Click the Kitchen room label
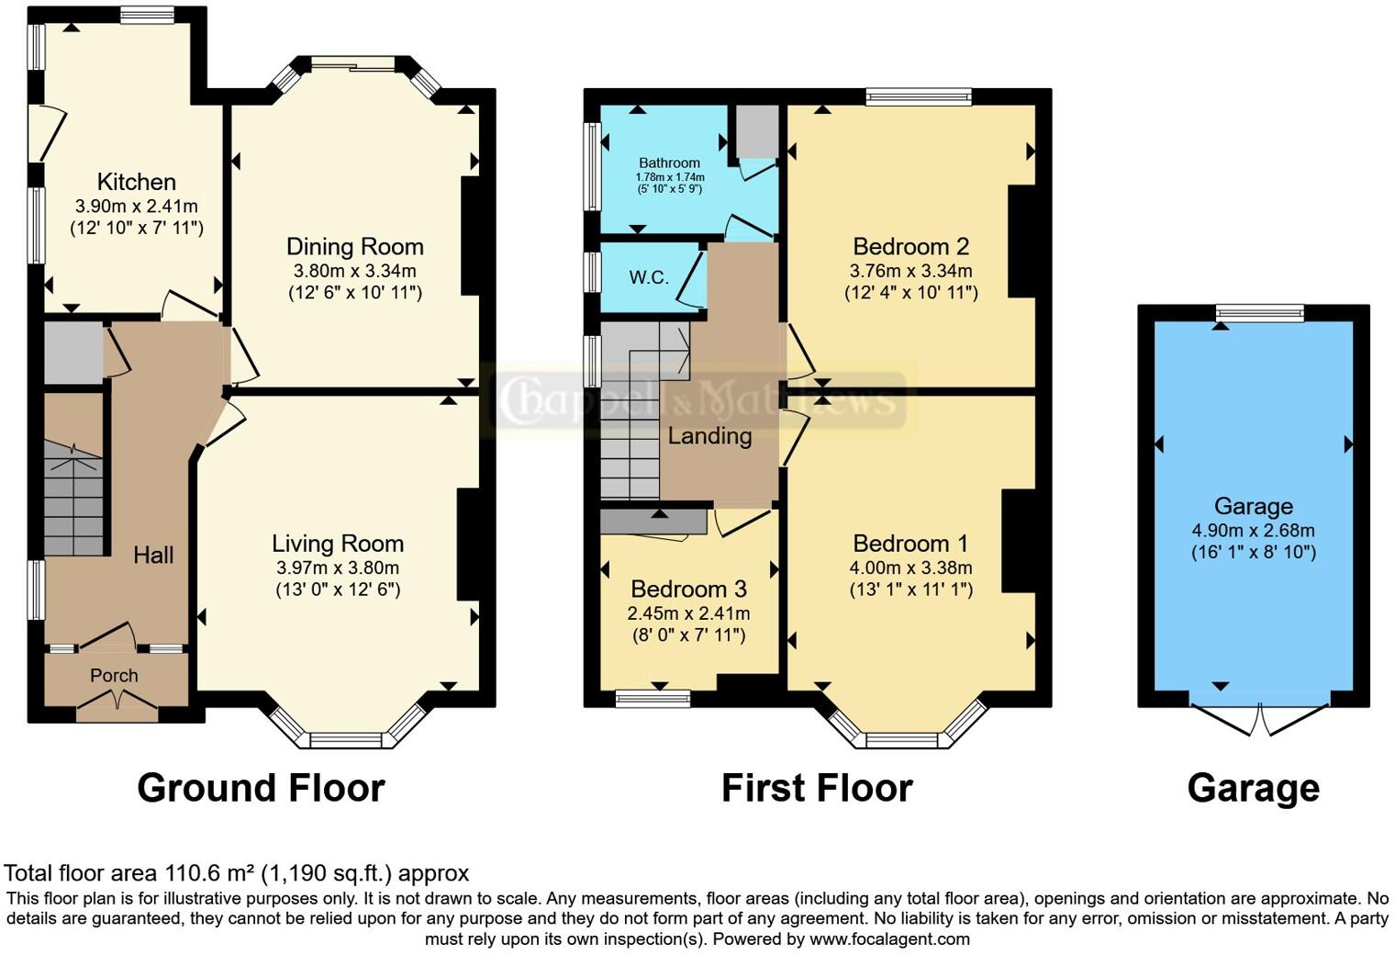(x=137, y=182)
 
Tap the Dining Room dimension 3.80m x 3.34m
(x=355, y=271)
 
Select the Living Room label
(x=338, y=544)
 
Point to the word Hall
(x=153, y=555)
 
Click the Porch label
(x=114, y=675)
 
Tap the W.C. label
(x=649, y=277)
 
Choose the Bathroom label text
(x=669, y=163)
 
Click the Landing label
(x=710, y=436)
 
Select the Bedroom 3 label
(x=688, y=590)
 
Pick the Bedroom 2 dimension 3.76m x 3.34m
(x=910, y=271)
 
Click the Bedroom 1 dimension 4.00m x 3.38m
(x=910, y=567)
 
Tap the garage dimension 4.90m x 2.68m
(x=1253, y=531)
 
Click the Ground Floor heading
(x=261, y=788)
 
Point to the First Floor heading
(x=817, y=788)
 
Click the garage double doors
(x=1259, y=720)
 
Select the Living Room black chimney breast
(x=468, y=545)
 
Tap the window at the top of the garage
(x=1261, y=313)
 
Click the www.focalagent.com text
(x=890, y=938)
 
